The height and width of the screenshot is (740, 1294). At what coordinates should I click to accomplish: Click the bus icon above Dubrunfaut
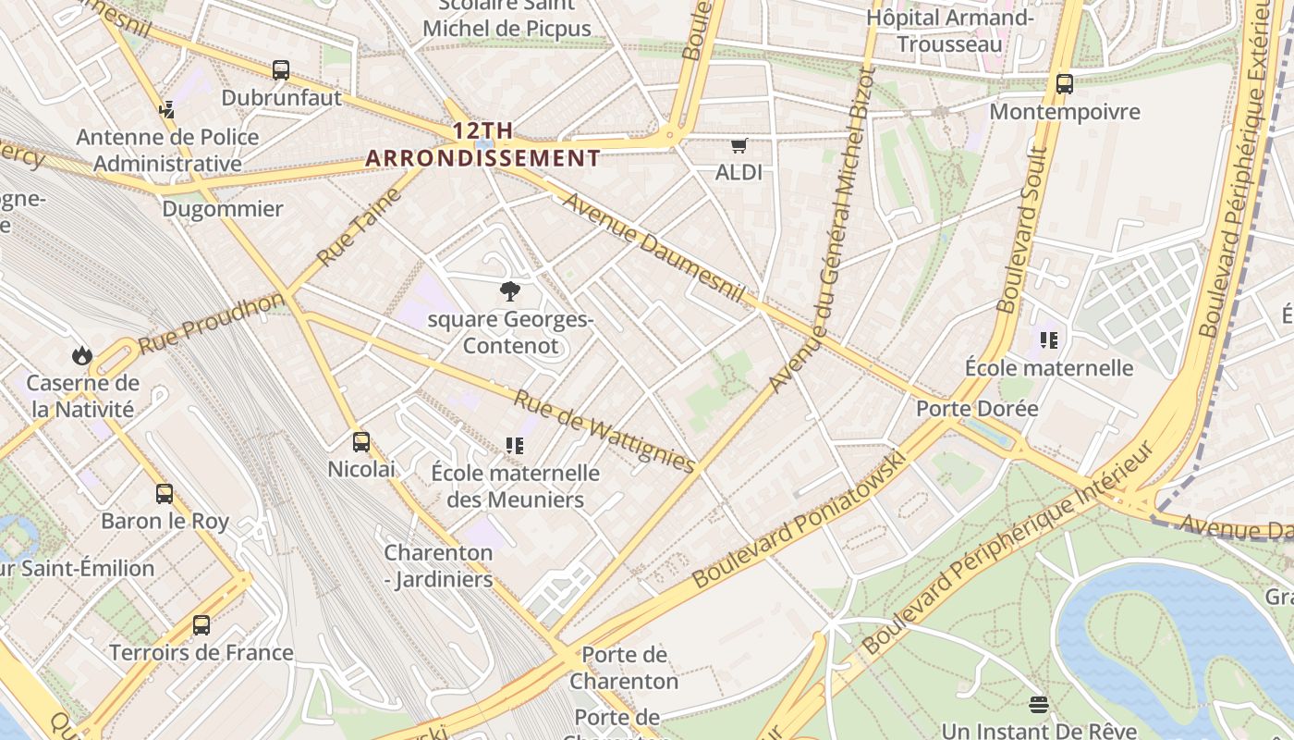point(281,70)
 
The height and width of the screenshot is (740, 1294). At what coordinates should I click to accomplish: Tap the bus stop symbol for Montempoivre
point(1065,84)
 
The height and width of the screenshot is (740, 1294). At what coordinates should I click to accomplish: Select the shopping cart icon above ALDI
point(739,145)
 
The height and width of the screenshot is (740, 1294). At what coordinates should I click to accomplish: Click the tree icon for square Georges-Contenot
point(509,292)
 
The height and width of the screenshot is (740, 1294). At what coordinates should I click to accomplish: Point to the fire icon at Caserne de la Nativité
point(82,355)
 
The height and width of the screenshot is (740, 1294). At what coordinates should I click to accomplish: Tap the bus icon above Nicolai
point(361,442)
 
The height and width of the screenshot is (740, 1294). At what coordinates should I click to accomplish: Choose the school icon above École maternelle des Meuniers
point(515,446)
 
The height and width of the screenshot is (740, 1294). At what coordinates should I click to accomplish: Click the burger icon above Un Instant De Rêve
point(1039,705)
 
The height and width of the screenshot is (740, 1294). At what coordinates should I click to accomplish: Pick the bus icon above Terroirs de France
point(201,625)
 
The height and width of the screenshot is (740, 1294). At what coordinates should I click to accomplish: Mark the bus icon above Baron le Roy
point(165,494)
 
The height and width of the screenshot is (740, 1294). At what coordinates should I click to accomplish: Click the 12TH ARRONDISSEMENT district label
point(482,145)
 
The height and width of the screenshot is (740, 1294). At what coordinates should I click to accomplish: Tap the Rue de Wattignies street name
point(604,431)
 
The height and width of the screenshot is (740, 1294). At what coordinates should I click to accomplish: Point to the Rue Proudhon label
point(212,323)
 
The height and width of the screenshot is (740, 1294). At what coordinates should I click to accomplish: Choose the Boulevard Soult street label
point(1022,229)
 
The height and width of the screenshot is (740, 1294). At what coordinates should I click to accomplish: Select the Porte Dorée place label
point(976,408)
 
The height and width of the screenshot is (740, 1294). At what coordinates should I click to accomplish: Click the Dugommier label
point(223,209)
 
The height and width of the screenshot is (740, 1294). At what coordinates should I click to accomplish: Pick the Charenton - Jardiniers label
point(439,566)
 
